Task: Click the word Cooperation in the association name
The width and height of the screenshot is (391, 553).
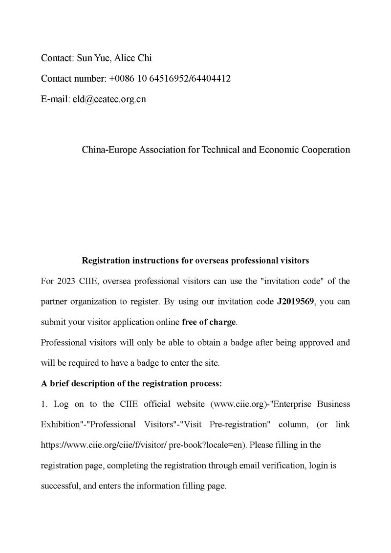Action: click(327, 150)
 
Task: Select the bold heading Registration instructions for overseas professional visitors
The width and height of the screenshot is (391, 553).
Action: click(195, 261)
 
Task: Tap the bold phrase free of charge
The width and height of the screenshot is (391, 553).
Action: click(209, 322)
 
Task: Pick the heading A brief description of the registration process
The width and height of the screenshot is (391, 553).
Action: click(131, 384)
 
